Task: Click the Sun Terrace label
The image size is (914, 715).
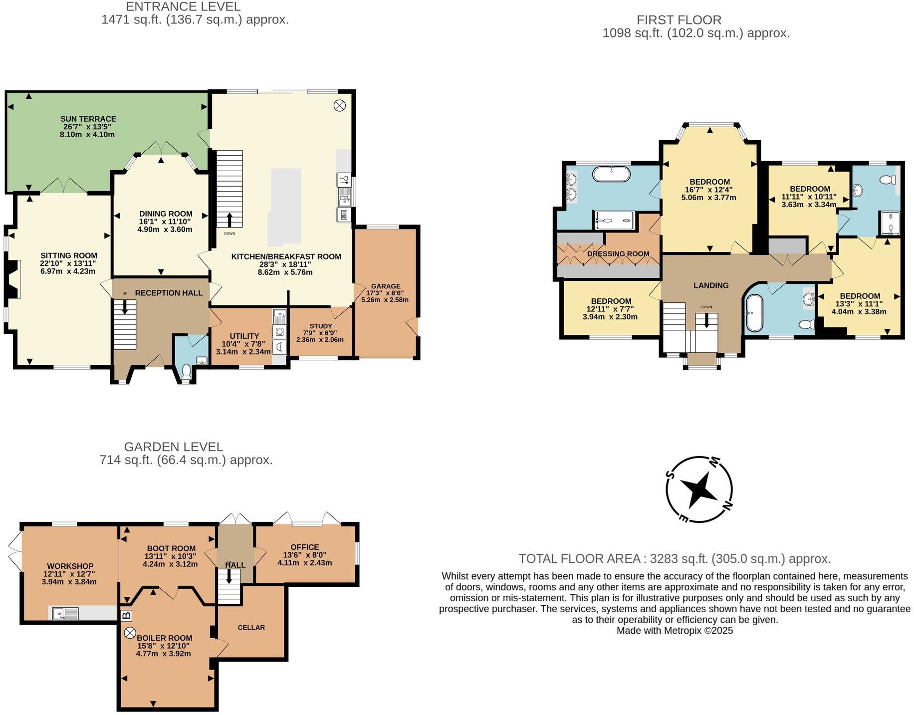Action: click(88, 119)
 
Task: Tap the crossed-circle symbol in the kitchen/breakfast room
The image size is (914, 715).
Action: click(339, 105)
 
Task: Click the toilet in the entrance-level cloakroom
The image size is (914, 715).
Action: click(186, 370)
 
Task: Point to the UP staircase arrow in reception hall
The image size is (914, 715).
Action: click(125, 305)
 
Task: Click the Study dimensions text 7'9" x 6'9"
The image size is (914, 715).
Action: click(320, 333)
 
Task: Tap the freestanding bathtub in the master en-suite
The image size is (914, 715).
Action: click(611, 174)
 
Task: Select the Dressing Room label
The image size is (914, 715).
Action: click(618, 254)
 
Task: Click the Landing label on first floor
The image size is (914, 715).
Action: click(710, 285)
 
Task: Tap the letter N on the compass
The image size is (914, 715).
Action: click(728, 506)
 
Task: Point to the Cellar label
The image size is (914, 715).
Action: click(251, 627)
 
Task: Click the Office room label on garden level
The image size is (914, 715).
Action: click(304, 547)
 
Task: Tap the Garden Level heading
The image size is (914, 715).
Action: click(173, 447)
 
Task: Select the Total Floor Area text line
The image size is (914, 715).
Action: click(675, 558)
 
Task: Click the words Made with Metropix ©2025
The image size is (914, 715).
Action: click(675, 630)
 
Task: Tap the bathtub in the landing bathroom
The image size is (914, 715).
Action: click(753, 313)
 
